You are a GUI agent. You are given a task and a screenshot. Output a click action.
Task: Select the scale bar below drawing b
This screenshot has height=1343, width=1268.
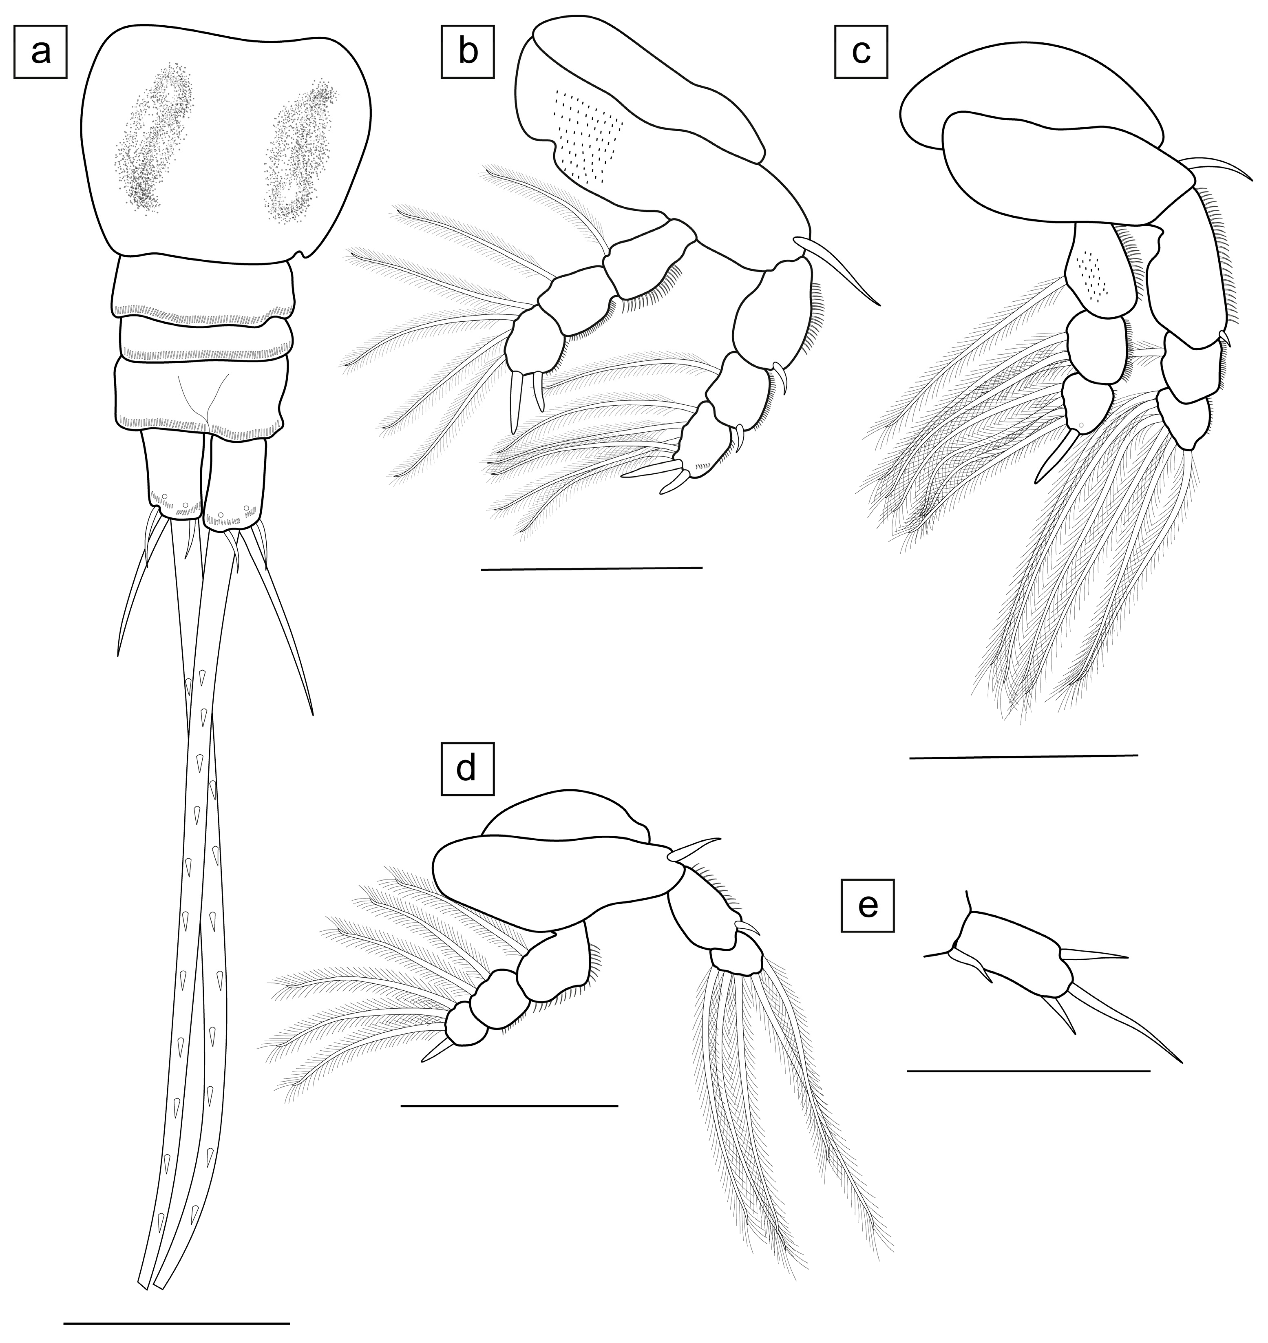tap(592, 568)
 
